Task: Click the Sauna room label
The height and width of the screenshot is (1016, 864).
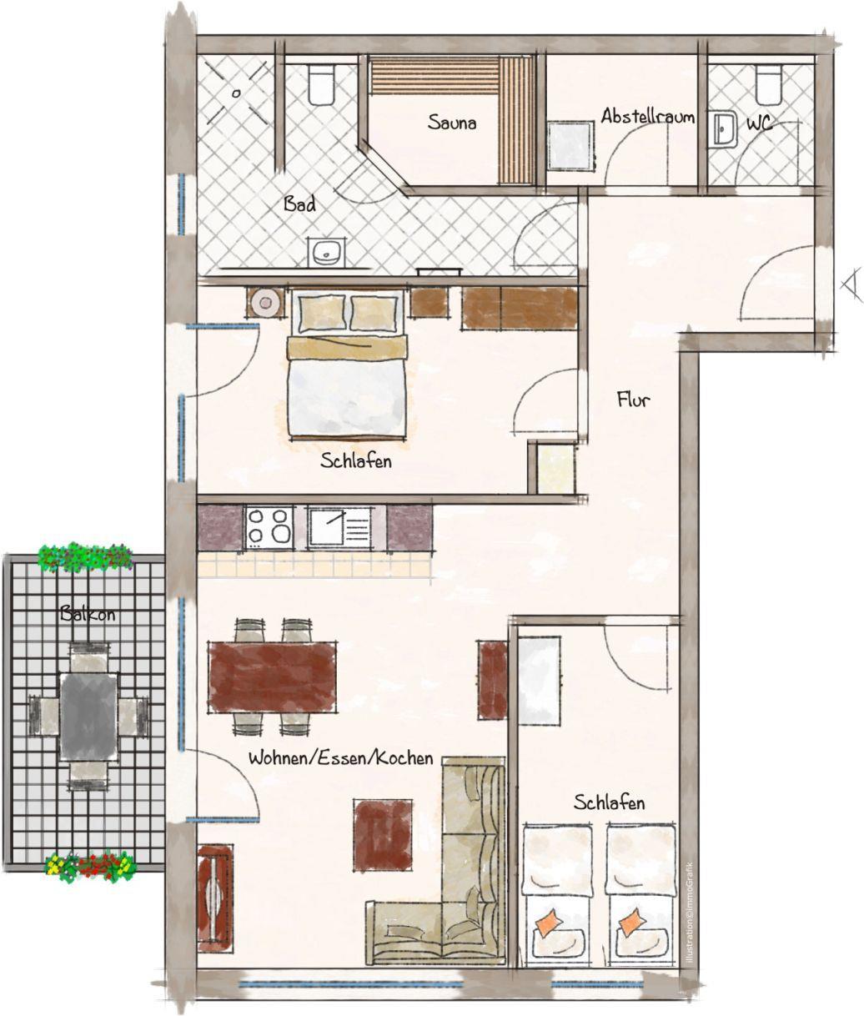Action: pos(452,122)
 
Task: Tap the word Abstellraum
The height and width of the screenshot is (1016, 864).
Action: pos(648,117)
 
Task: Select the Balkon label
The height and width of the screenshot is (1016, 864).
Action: pos(88,614)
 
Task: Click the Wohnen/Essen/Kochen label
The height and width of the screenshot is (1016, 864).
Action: pos(340,758)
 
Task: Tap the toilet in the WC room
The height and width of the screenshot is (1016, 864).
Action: pos(768,83)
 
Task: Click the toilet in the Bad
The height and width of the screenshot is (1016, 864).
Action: pos(321,84)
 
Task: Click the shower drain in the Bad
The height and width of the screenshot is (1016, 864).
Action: pos(236,93)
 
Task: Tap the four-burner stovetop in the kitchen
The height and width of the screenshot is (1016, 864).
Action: pos(269,527)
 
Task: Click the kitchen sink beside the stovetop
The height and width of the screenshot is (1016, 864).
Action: pos(339,527)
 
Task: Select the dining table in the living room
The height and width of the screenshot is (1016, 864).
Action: pos(272,676)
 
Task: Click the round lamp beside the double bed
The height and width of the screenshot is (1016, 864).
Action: pos(266,302)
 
